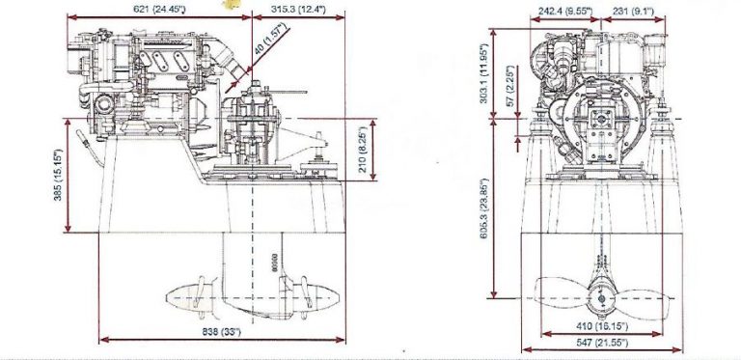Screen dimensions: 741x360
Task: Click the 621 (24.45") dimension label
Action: (x=161, y=9)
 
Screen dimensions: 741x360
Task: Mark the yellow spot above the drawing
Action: (x=230, y=4)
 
